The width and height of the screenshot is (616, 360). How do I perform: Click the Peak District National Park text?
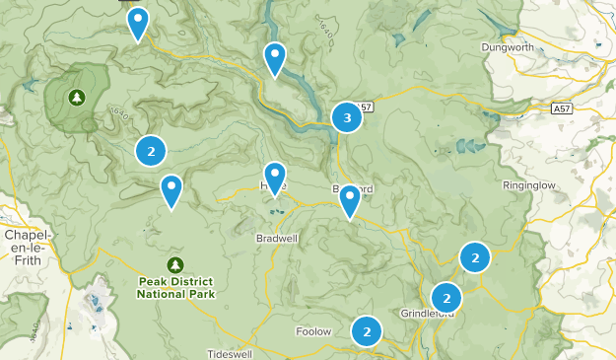pos(175,288)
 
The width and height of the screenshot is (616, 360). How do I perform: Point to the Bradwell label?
pos(276,239)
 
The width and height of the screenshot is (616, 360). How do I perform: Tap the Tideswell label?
pos(232,353)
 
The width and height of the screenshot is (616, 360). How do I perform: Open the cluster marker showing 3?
pos(346,118)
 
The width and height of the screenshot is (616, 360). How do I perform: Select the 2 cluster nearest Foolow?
pos(367,331)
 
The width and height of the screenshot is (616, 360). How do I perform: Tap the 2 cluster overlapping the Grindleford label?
pos(446,297)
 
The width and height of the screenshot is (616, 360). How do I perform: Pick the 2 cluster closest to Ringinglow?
pos(475,257)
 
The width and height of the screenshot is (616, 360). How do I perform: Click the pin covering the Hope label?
pos(275,179)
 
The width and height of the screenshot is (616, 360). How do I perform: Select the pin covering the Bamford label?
pos(350,200)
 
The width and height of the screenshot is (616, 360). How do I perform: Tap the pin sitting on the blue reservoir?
pos(275,59)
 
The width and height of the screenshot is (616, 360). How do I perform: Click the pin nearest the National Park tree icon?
pos(171,190)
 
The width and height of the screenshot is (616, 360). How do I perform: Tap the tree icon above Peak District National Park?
pos(175,264)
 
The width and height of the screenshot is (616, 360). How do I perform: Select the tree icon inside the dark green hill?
pos(76,98)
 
